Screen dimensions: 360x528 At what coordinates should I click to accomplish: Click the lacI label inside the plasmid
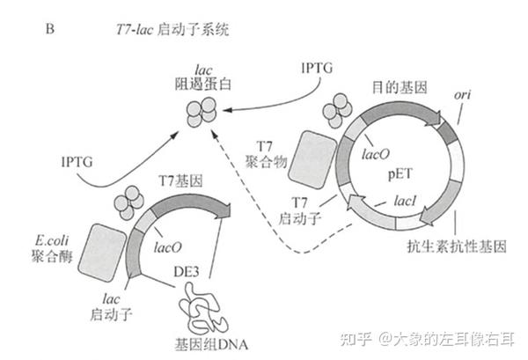407,202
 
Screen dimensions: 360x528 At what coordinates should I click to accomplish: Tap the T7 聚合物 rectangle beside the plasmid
317,158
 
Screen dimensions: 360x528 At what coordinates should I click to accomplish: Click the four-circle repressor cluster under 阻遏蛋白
201,113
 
